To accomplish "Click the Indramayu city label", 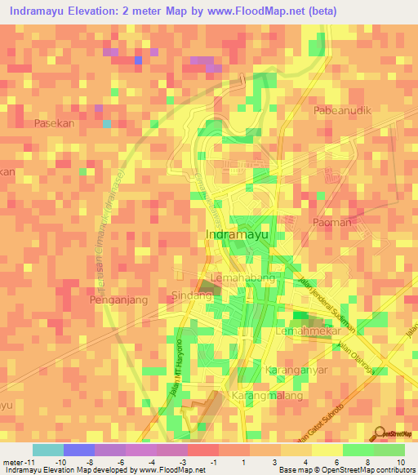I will point(238,235).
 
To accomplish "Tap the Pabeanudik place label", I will point(343,109).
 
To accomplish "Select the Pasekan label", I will point(55,123).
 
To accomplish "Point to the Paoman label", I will point(332,222).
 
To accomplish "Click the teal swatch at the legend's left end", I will point(47,450).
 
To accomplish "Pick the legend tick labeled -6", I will point(121,461).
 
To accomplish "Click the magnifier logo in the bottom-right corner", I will point(379,434).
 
